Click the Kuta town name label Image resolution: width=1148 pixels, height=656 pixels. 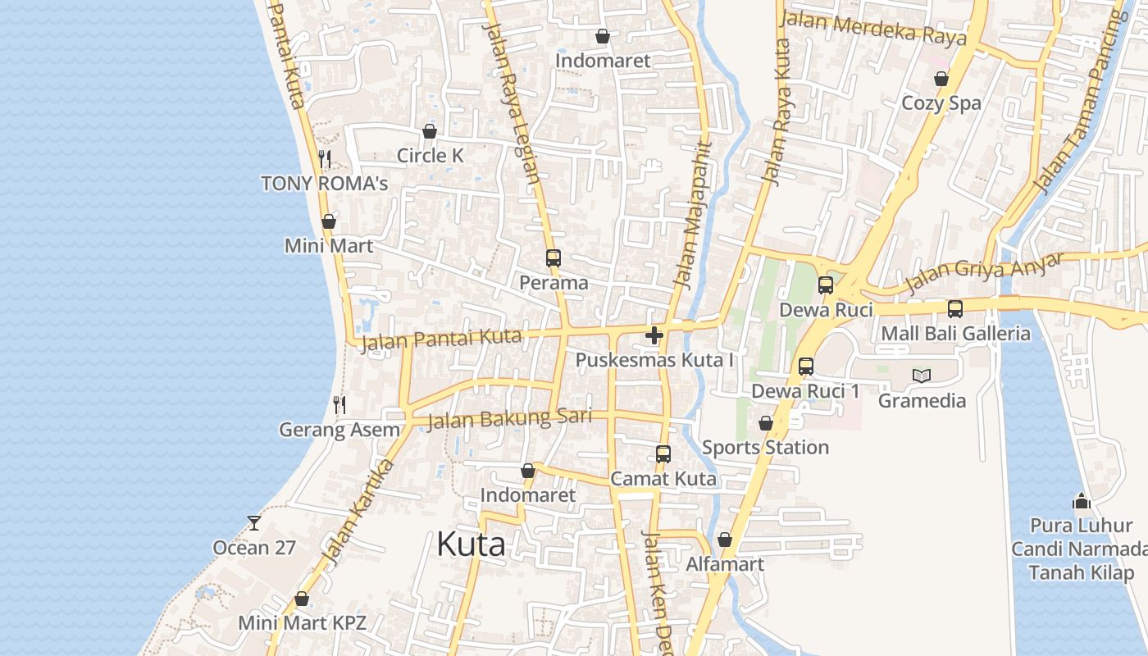coord(471,544)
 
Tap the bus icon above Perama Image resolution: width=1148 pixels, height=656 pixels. coord(553,258)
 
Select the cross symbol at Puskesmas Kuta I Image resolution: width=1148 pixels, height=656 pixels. coord(654,335)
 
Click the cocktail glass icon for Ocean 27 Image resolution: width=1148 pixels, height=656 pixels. coord(254,522)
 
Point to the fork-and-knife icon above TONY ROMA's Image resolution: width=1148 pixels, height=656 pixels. coord(325,158)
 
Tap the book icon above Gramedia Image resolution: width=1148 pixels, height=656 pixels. coord(922,376)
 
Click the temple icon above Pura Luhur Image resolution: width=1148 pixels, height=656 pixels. coord(1082,500)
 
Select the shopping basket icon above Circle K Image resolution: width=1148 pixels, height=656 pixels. coord(430,131)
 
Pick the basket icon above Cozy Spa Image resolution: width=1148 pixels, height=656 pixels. coord(941,79)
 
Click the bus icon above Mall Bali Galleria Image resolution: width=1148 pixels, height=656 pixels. coord(955,309)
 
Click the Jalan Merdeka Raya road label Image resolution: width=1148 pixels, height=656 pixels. coord(874,28)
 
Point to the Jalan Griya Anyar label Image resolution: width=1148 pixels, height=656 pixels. coord(984,273)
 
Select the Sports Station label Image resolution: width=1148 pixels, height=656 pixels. coord(765,448)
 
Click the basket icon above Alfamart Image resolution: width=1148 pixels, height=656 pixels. coord(725,540)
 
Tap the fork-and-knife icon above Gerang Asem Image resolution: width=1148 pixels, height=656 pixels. coord(339,404)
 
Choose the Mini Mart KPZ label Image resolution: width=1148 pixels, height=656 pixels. coord(302,622)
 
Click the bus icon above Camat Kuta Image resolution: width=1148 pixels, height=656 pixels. coord(663,453)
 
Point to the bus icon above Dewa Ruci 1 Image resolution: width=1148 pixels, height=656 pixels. coord(806,367)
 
